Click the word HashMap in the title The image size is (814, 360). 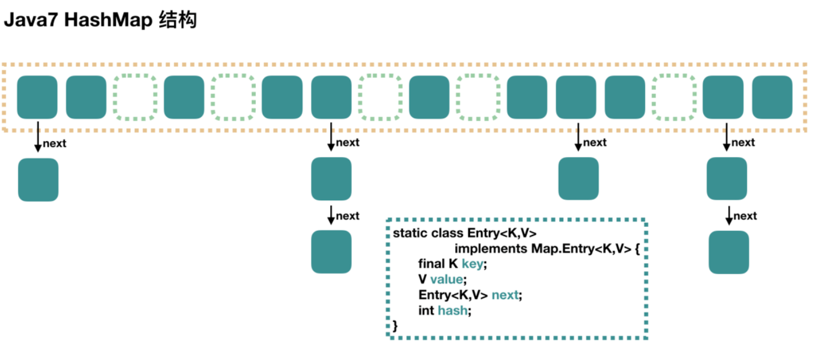pyautogui.click(x=109, y=20)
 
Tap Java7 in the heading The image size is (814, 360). pyautogui.click(x=31, y=20)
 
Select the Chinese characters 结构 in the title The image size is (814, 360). pyautogui.click(x=178, y=20)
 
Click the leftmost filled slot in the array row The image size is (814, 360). pyautogui.click(x=37, y=97)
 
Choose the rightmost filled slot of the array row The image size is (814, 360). pyautogui.click(x=772, y=97)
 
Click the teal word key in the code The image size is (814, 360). pyautogui.click(x=472, y=264)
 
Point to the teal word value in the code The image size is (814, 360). pyautogui.click(x=447, y=279)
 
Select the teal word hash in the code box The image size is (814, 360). pyautogui.click(x=452, y=311)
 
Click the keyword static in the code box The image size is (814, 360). pyautogui.click(x=409, y=233)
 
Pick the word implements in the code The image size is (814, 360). pyautogui.click(x=491, y=249)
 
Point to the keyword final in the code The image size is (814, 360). pyautogui.click(x=431, y=264)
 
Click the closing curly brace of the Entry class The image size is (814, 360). pyautogui.click(x=395, y=325)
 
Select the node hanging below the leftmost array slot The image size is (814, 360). pyautogui.click(x=38, y=180)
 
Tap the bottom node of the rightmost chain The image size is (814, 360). pyautogui.click(x=729, y=253)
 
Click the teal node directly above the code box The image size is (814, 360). pyautogui.click(x=579, y=179)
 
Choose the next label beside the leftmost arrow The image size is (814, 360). pyautogui.click(x=55, y=144)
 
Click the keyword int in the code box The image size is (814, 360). pyautogui.click(x=426, y=311)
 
